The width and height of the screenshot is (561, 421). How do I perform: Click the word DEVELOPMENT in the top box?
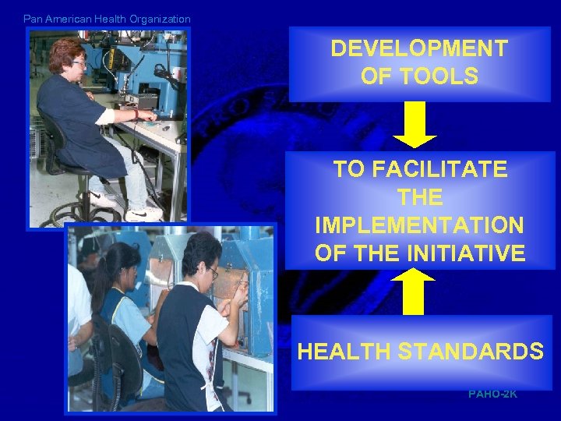[418, 48]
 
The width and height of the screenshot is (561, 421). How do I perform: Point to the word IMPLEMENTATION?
[419, 225]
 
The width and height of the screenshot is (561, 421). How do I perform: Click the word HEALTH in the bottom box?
[344, 352]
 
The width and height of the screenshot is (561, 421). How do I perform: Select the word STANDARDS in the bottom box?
[471, 352]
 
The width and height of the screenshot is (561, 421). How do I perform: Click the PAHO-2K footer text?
[492, 394]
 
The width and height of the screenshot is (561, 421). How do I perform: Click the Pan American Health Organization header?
[107, 19]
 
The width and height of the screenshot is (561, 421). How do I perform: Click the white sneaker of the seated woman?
[144, 212]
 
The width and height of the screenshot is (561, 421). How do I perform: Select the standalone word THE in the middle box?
[419, 197]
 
